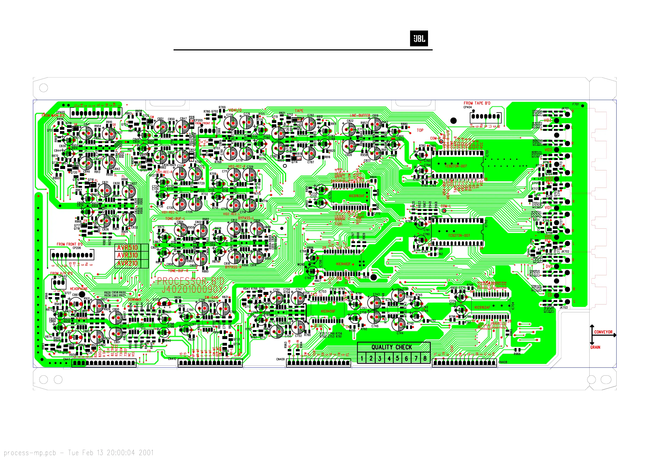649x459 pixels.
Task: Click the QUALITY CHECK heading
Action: [x=392, y=347]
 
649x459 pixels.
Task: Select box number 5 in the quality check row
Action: [x=398, y=358]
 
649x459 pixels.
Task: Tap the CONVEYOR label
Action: [x=603, y=332]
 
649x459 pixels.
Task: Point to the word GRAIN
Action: [x=595, y=347]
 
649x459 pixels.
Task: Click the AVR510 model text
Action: [x=128, y=248]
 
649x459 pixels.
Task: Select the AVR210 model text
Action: [x=128, y=264]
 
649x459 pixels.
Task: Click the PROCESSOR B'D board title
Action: [x=190, y=281]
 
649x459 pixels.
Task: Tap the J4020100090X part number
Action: [x=192, y=289]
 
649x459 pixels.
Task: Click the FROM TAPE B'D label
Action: [x=477, y=103]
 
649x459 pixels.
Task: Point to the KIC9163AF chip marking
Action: [x=357, y=196]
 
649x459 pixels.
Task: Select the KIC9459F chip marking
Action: [x=328, y=311]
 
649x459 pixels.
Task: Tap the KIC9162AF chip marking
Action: [x=482, y=307]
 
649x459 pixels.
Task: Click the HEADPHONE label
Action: [x=79, y=289]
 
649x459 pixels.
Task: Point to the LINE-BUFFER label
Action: [x=360, y=115]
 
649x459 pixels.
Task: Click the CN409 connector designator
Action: [x=280, y=359]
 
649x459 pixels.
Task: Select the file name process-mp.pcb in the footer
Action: [x=30, y=453]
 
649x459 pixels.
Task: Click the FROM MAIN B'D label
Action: [x=53, y=115]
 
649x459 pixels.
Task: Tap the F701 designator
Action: [x=575, y=104]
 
